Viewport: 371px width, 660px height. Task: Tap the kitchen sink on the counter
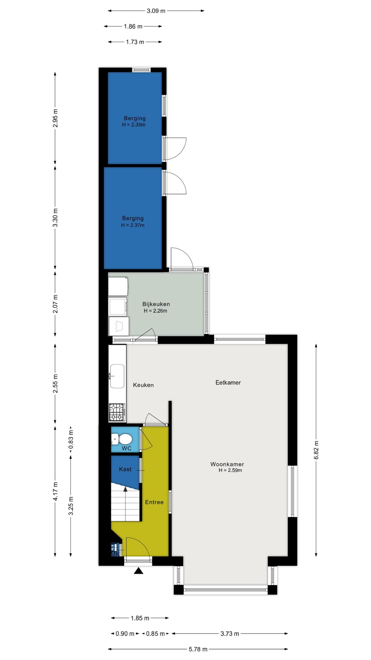(117, 376)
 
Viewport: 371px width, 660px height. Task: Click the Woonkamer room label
(227, 464)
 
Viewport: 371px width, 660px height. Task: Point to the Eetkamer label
(228, 382)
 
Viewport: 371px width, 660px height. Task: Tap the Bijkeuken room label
(156, 304)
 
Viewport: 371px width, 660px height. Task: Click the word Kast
(125, 469)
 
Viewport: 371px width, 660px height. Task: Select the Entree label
(154, 502)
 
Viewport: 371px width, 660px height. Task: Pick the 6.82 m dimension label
(316, 450)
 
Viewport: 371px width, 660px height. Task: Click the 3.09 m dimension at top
(156, 11)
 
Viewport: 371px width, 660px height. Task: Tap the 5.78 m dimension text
(198, 649)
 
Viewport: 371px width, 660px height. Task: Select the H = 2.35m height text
(133, 125)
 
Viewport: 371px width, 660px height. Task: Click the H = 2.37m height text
(133, 225)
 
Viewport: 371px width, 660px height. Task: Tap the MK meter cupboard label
(115, 554)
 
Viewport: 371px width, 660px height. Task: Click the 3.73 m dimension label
(230, 633)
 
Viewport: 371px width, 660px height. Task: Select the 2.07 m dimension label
(55, 304)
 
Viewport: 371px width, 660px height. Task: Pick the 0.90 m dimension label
(125, 633)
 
